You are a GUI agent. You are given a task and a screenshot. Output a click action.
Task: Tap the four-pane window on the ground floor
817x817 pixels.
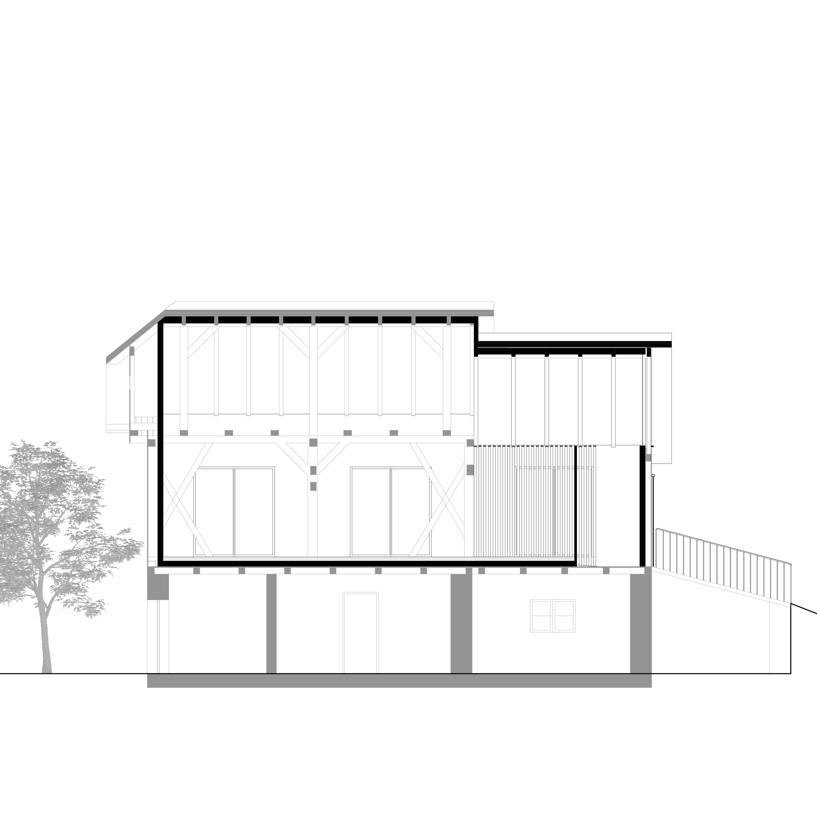552,616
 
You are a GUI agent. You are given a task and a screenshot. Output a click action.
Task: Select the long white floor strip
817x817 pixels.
368,559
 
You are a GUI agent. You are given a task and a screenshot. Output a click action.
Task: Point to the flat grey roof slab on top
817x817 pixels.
330,312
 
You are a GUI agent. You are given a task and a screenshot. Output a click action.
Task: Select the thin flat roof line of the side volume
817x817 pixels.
575,347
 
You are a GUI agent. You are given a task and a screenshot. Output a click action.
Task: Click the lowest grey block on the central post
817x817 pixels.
313,486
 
